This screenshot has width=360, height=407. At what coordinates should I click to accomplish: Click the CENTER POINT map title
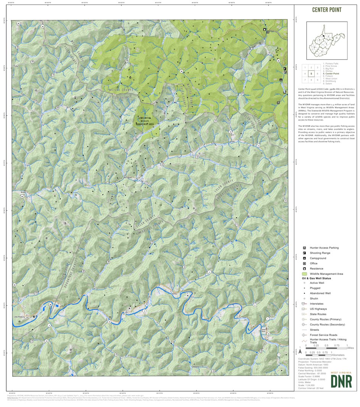pyautogui.click(x=326, y=10)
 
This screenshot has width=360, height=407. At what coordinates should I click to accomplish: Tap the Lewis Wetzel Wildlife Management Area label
pyautogui.click(x=146, y=121)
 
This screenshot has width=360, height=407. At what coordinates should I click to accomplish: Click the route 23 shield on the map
pyautogui.click(x=126, y=312)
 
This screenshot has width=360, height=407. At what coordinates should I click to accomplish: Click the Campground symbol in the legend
pyautogui.click(x=304, y=258)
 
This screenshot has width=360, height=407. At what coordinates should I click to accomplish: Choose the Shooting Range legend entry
pyautogui.click(x=320, y=253)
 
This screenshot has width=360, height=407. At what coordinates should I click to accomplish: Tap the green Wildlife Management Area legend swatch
pyautogui.click(x=304, y=274)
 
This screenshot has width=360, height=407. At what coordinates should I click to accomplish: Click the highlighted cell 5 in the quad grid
pyautogui.click(x=312, y=74)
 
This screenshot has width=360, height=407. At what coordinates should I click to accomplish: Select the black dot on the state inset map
pyautogui.click(x=323, y=36)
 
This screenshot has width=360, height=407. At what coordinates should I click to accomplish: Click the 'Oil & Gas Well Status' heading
pyautogui.click(x=316, y=278)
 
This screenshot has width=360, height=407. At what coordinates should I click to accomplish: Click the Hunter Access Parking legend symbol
pyautogui.click(x=304, y=248)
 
